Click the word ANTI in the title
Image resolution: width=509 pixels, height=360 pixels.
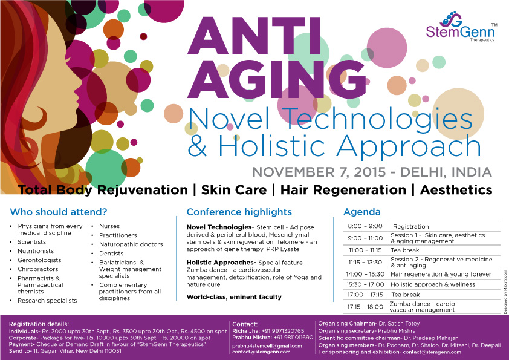254,36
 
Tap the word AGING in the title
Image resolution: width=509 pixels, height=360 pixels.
277,79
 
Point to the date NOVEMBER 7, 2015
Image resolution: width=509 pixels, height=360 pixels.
319,172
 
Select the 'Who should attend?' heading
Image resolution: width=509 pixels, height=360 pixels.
59,212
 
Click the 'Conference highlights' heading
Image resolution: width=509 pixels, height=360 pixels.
239,212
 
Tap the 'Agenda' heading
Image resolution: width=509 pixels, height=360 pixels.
362,212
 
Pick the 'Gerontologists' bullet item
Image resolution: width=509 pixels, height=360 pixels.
39,260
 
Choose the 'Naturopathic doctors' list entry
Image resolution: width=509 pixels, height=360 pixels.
131,244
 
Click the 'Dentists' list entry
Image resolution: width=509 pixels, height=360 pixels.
111,254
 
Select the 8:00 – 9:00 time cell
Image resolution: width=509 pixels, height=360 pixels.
365,226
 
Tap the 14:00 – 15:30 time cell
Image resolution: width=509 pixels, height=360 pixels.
365,274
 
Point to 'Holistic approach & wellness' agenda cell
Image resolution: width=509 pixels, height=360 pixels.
433,284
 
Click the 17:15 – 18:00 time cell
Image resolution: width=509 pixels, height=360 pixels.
365,307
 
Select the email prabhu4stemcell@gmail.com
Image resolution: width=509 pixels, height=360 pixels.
267,346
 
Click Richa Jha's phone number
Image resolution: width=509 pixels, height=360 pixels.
283,331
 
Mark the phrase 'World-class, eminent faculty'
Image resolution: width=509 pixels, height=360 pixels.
234,297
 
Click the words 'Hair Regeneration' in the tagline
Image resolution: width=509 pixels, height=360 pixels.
343,190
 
